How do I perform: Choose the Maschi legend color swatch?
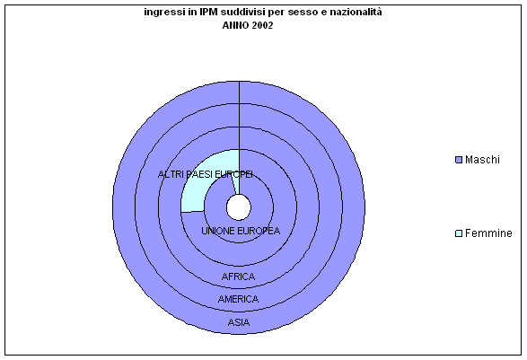(459, 160)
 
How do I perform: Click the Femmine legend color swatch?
(459, 233)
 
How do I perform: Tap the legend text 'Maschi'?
(482, 160)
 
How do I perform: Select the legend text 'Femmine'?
(488, 233)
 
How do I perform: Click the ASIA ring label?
(239, 322)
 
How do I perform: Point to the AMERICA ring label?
(238, 299)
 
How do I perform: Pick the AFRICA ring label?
(238, 277)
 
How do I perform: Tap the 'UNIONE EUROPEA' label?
(241, 231)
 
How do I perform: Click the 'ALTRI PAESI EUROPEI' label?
(206, 174)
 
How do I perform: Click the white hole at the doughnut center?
(239, 207)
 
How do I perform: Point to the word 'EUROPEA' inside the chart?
(259, 231)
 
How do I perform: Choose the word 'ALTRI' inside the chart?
(167, 174)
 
